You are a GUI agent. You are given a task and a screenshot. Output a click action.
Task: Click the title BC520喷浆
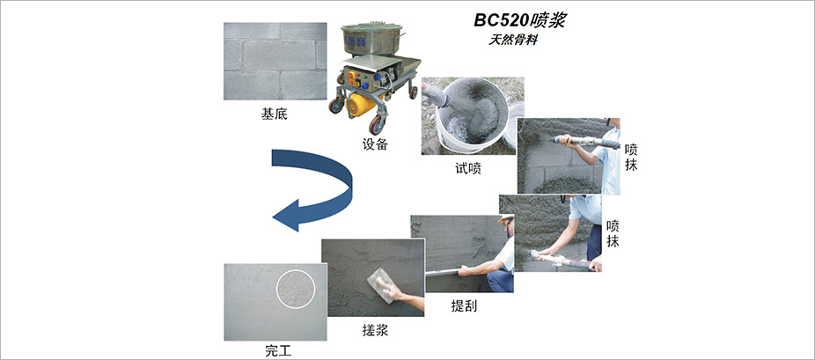point(519,20)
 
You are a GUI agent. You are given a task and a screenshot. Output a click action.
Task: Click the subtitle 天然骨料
point(512,40)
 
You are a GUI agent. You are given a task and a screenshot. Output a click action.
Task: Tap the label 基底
point(274,114)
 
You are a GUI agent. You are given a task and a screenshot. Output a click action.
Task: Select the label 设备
point(375,143)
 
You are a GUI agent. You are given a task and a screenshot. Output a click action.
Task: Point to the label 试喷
point(467,168)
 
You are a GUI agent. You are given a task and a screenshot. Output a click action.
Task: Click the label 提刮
point(464,306)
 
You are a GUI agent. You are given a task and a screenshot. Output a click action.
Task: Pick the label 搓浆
point(375,330)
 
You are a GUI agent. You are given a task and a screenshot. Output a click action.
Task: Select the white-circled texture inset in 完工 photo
point(296,286)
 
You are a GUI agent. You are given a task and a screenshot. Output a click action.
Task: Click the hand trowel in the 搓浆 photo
point(381,285)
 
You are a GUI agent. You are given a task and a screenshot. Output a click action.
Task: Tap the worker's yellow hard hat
point(504,218)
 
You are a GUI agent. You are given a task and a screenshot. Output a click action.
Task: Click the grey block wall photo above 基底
point(275,61)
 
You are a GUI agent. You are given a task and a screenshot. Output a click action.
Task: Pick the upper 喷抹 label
point(632,157)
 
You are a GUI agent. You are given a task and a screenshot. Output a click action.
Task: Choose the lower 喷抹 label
point(613,234)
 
